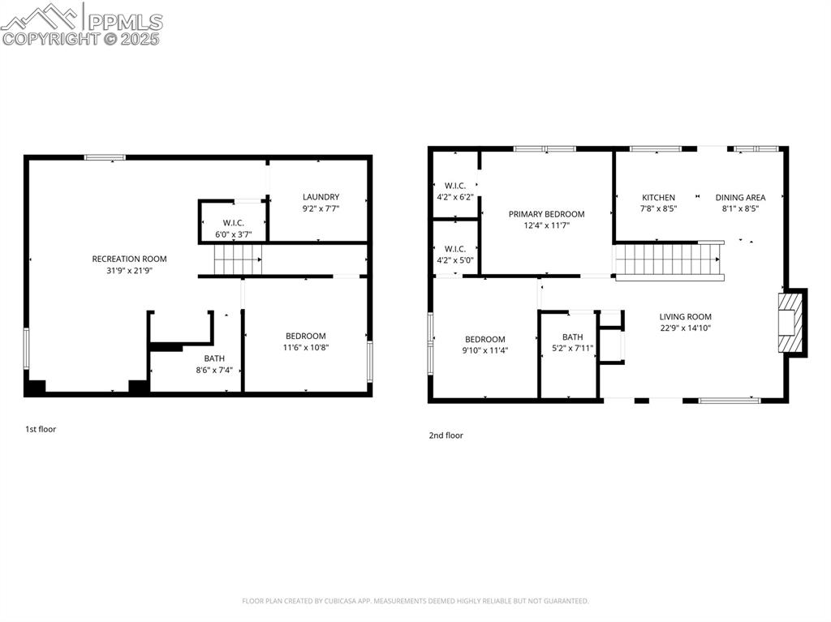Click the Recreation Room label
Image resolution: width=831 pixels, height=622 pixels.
(129, 260)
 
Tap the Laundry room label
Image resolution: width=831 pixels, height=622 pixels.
(321, 197)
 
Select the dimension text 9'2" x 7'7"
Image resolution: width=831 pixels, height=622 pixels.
(321, 208)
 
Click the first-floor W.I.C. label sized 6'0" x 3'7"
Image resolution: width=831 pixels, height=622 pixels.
(234, 223)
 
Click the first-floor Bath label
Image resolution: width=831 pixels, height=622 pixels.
(214, 358)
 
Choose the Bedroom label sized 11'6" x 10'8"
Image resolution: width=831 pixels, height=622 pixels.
(305, 337)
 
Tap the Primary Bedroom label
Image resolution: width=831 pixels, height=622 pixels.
(546, 214)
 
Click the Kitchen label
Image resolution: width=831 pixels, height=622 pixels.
(658, 198)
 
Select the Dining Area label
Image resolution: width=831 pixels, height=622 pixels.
(740, 198)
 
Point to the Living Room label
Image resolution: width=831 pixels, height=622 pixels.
(685, 317)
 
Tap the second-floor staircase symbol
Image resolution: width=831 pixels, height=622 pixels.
(668, 260)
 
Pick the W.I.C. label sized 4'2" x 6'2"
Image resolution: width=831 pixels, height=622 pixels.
(454, 186)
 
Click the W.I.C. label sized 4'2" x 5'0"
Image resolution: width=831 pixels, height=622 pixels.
(454, 249)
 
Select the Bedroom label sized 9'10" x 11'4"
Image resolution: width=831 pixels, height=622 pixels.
(485, 340)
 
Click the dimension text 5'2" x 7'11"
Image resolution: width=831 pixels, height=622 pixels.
(573, 349)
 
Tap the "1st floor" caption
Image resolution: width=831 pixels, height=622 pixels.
(41, 429)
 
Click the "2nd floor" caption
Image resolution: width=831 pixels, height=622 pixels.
(446, 435)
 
